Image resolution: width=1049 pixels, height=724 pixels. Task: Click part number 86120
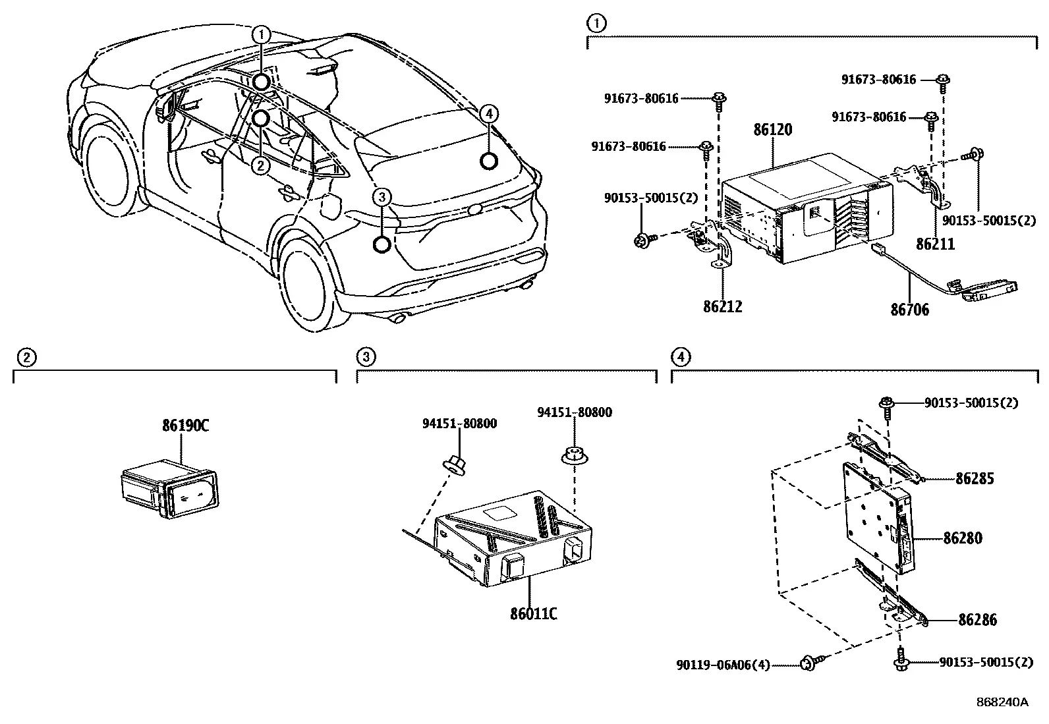point(773,130)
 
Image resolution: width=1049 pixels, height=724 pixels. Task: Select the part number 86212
point(723,307)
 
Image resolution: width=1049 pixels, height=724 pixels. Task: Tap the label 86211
point(935,244)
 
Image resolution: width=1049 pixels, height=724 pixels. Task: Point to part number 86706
point(909,310)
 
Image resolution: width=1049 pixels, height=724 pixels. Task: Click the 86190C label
point(185,425)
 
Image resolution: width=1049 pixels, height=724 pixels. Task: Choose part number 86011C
point(534,613)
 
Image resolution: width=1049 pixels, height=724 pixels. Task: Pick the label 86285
point(975,479)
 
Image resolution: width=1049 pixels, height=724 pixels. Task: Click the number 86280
point(963,538)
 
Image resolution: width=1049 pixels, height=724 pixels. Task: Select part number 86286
point(977,620)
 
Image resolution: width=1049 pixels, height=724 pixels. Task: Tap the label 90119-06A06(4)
point(723,665)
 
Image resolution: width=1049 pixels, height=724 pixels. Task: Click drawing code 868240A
point(1002,702)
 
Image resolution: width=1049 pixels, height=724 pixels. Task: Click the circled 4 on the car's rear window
point(489,114)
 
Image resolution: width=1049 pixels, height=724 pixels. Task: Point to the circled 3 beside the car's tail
point(382,197)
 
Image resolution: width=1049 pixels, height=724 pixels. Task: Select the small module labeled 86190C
point(169,488)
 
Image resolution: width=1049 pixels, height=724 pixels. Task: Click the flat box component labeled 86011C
point(513,538)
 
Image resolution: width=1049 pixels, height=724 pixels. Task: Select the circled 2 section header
point(26,358)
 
